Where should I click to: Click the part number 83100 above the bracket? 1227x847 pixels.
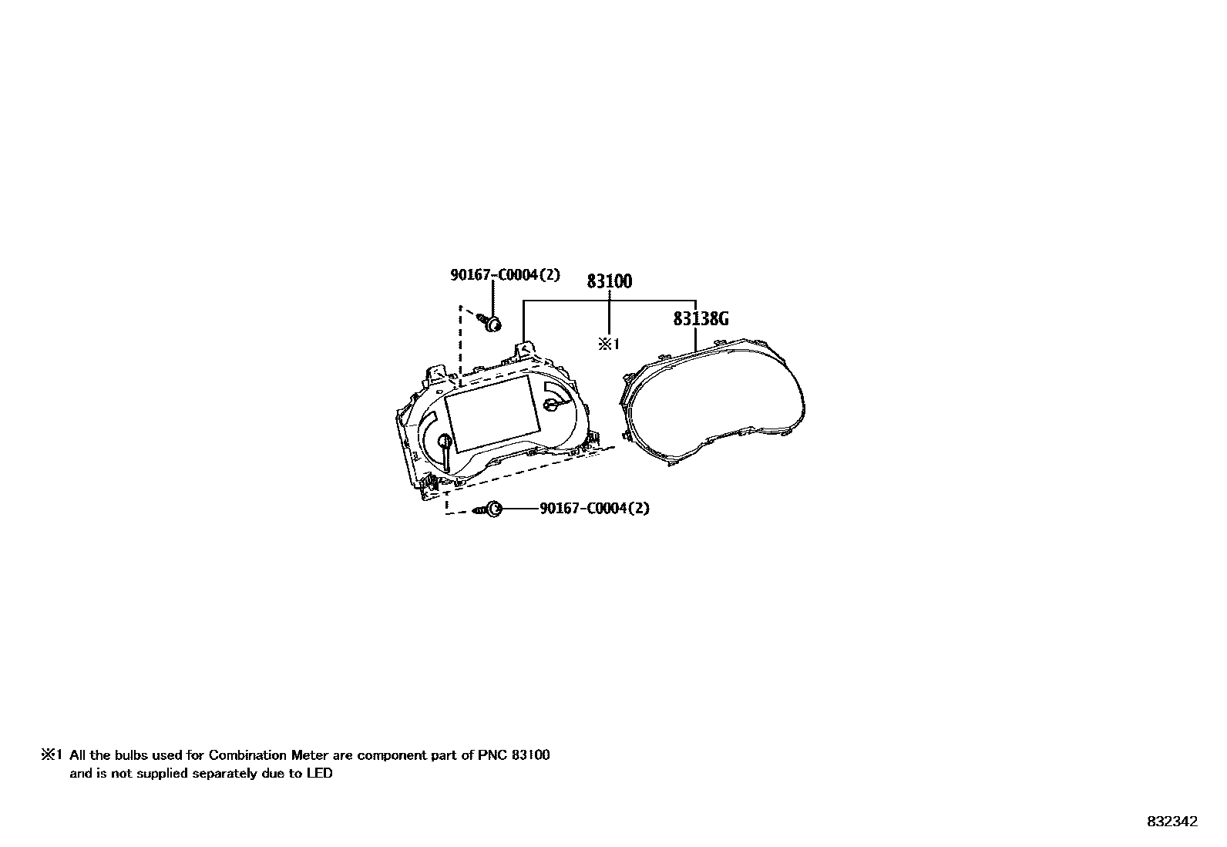click(x=609, y=281)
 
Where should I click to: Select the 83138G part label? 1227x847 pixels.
click(x=701, y=318)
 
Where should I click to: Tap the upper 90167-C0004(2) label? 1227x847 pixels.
click(x=505, y=275)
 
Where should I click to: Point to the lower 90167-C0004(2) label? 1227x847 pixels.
click(x=594, y=509)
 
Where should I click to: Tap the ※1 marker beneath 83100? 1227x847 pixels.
click(x=609, y=344)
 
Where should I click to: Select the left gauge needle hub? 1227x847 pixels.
click(x=444, y=442)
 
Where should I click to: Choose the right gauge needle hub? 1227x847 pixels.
click(x=550, y=404)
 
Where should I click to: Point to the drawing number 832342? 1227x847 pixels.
click(x=1172, y=822)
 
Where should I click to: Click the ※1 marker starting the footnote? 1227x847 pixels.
click(x=51, y=755)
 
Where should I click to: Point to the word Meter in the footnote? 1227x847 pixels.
click(x=308, y=755)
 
